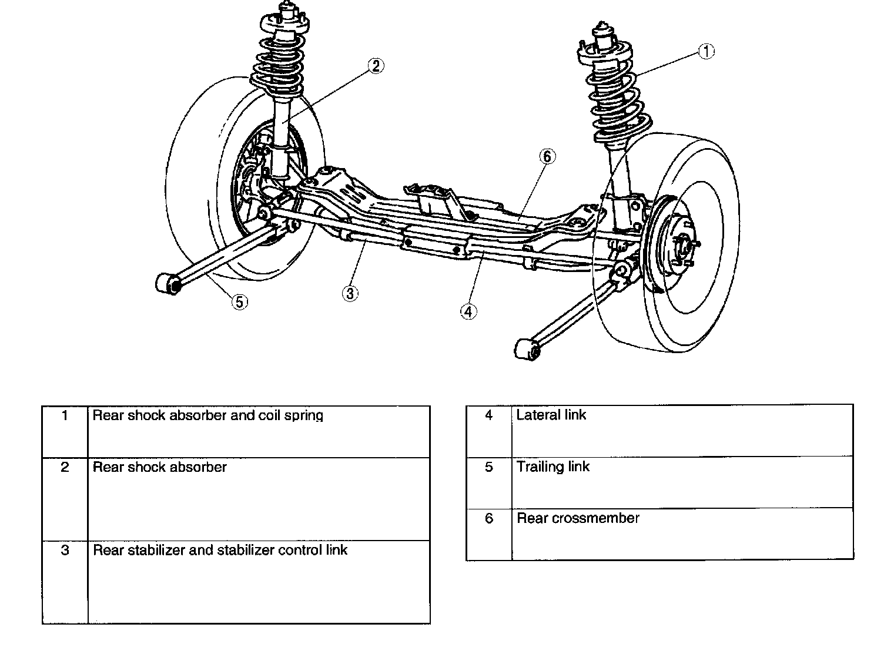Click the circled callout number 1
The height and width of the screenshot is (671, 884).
[x=705, y=51]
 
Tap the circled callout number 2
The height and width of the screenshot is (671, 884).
[x=376, y=66]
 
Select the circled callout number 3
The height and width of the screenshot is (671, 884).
[x=350, y=293]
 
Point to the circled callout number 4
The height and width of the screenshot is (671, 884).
[x=468, y=311]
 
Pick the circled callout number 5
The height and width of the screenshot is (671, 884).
[x=239, y=301]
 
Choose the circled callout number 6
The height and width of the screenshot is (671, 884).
[x=547, y=156]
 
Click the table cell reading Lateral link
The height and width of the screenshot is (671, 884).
[x=551, y=415]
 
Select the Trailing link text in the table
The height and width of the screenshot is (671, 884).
[x=552, y=467]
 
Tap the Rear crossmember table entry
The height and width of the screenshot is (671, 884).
[x=578, y=518]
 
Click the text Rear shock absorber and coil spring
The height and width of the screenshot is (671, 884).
[x=208, y=415]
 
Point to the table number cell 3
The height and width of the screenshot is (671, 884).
[x=65, y=550]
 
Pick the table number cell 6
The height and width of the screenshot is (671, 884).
[x=489, y=518]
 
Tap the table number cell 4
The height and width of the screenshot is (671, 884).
[x=488, y=415]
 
